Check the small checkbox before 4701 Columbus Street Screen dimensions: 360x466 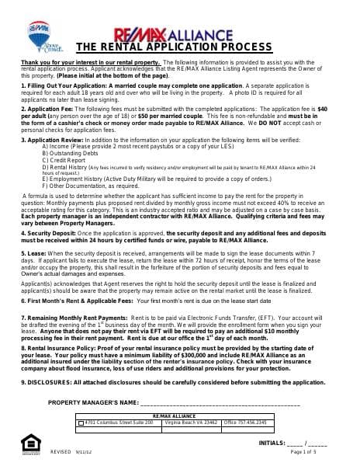pyautogui.click(x=81, y=423)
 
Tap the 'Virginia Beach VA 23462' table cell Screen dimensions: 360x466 pyautogui.click(x=192, y=423)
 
